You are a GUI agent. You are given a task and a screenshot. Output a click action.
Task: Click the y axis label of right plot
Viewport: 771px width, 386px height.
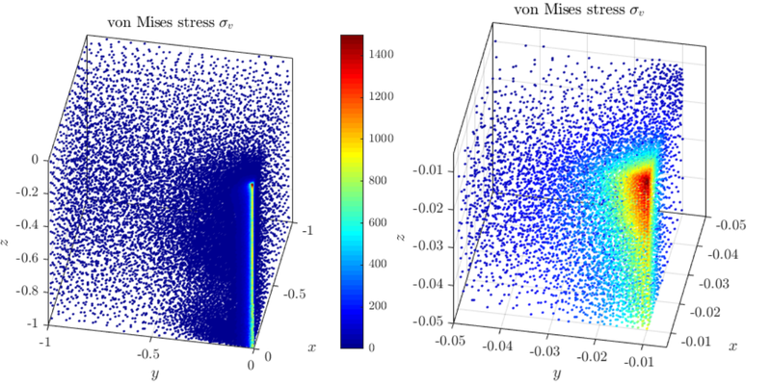[557, 373]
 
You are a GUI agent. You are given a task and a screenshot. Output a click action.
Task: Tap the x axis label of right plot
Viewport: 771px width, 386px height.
[733, 346]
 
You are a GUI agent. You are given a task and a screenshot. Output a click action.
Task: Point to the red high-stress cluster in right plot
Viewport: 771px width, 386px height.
[638, 183]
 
